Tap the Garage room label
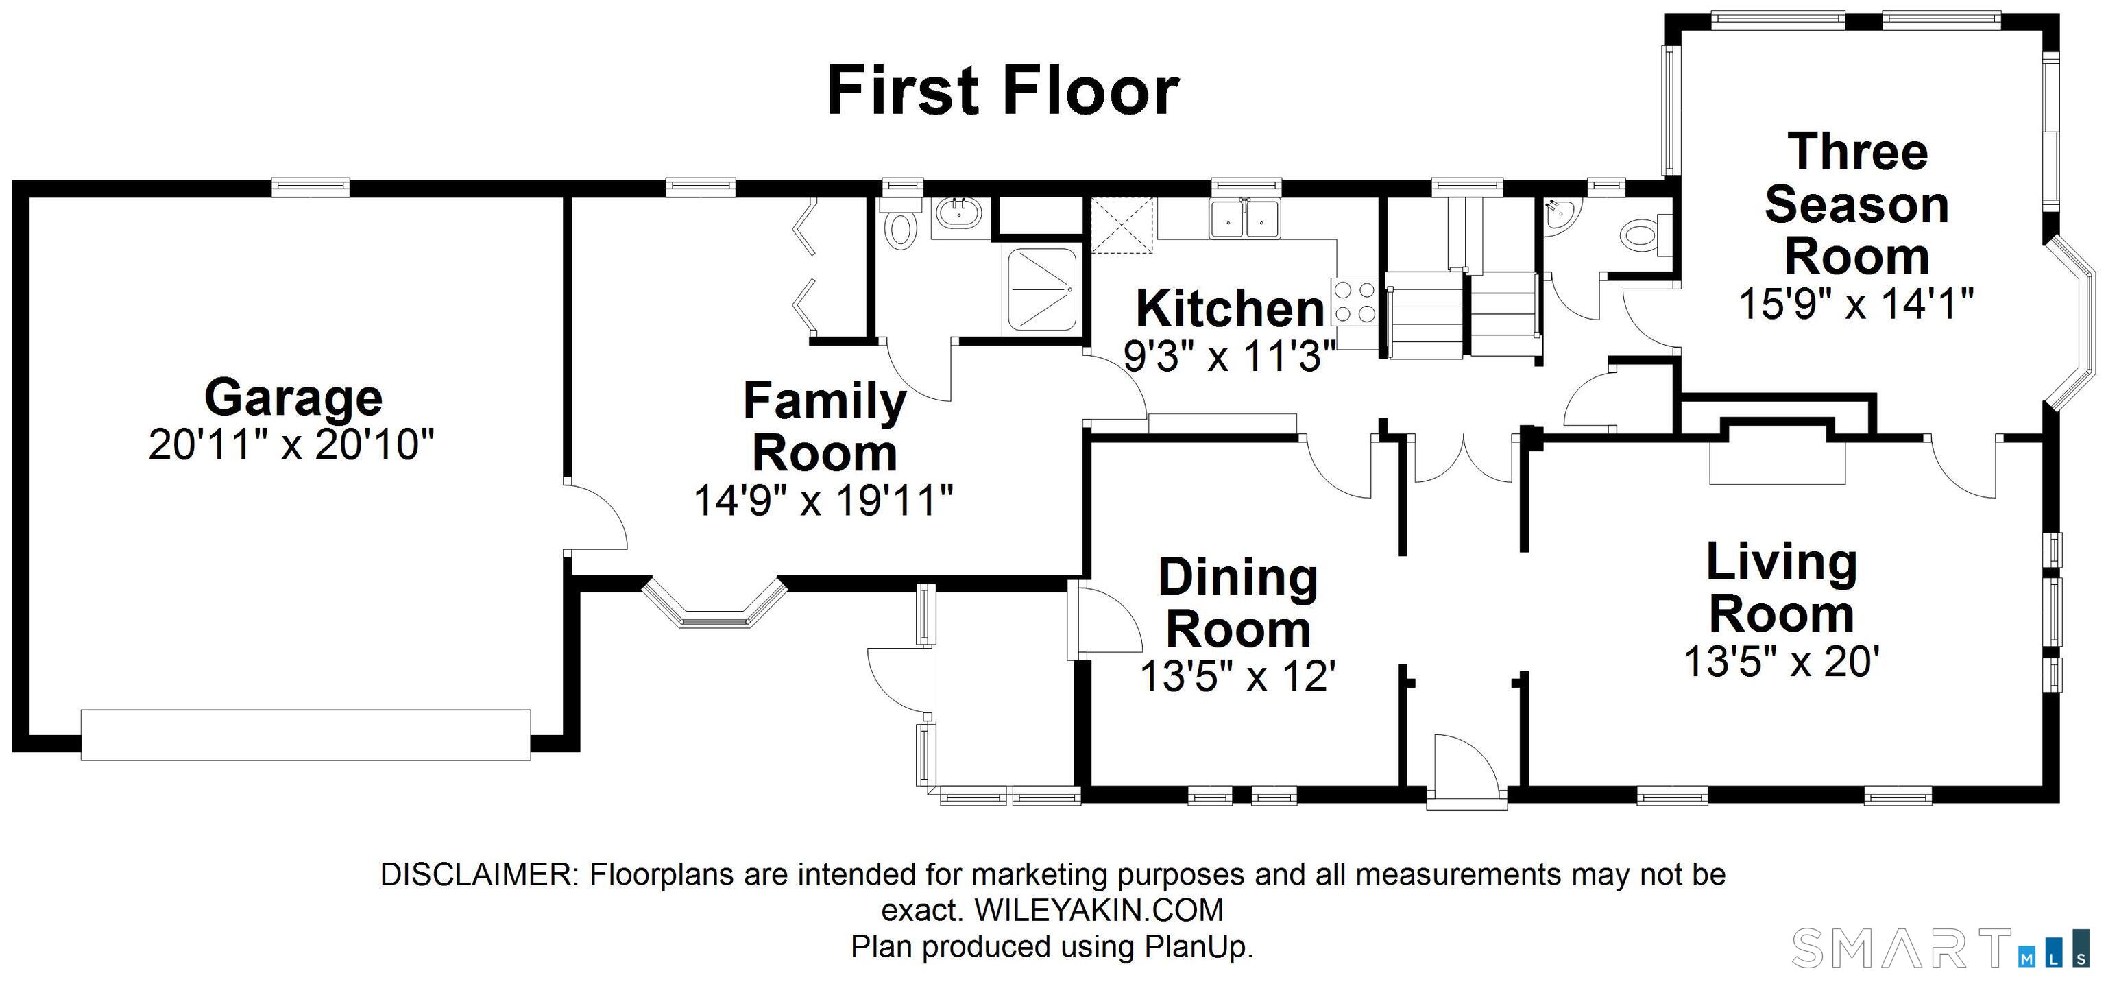tap(293, 397)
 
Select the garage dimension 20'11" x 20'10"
tap(291, 445)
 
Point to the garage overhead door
tap(305, 734)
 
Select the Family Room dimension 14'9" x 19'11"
tap(824, 501)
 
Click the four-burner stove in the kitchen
tap(1354, 302)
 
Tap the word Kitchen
tap(1231, 309)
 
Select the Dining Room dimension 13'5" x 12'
tap(1238, 676)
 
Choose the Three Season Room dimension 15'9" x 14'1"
tap(1856, 304)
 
